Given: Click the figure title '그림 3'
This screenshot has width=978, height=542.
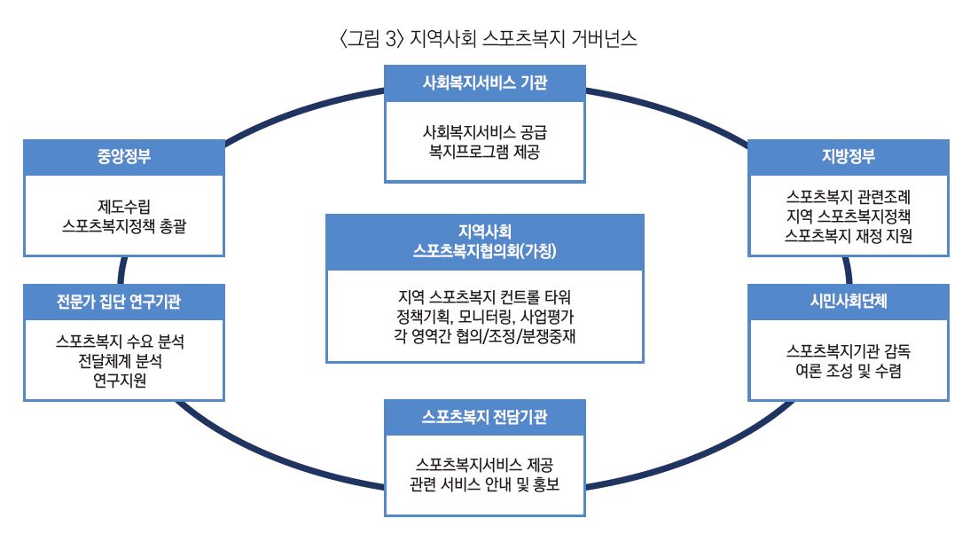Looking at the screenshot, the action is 372,39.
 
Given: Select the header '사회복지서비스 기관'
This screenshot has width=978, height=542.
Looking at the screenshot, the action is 485,82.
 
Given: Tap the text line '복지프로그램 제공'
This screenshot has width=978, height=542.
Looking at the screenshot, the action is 485,152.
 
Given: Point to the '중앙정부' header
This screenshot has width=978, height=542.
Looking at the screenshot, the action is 123,156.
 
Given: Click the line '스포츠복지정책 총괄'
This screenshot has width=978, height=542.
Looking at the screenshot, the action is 123,226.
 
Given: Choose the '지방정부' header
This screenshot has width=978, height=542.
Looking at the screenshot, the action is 849,156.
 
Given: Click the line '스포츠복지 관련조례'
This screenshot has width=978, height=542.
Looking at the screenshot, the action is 849,196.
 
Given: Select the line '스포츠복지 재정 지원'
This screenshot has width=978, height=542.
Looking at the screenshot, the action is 849,236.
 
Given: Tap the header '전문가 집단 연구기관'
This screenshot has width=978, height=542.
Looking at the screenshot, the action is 119,302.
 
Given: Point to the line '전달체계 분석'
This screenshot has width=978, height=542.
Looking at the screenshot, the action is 120,360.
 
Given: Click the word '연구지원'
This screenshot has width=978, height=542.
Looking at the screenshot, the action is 120,380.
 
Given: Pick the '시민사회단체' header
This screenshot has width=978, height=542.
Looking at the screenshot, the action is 849,302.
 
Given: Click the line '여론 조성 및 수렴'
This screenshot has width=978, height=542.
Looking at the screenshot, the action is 849,371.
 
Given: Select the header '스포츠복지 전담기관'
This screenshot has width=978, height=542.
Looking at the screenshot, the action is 485,417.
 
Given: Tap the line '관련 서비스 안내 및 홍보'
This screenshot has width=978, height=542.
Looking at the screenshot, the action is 485,484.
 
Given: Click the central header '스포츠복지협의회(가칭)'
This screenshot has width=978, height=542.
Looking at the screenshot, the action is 485,251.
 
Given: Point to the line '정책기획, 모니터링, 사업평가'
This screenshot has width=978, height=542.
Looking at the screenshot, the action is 485,317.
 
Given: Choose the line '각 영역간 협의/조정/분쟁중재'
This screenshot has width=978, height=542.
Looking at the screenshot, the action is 485,337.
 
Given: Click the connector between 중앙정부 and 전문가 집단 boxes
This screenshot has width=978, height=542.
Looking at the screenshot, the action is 121,270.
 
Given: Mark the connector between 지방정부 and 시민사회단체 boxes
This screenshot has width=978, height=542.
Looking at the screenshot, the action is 849,270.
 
